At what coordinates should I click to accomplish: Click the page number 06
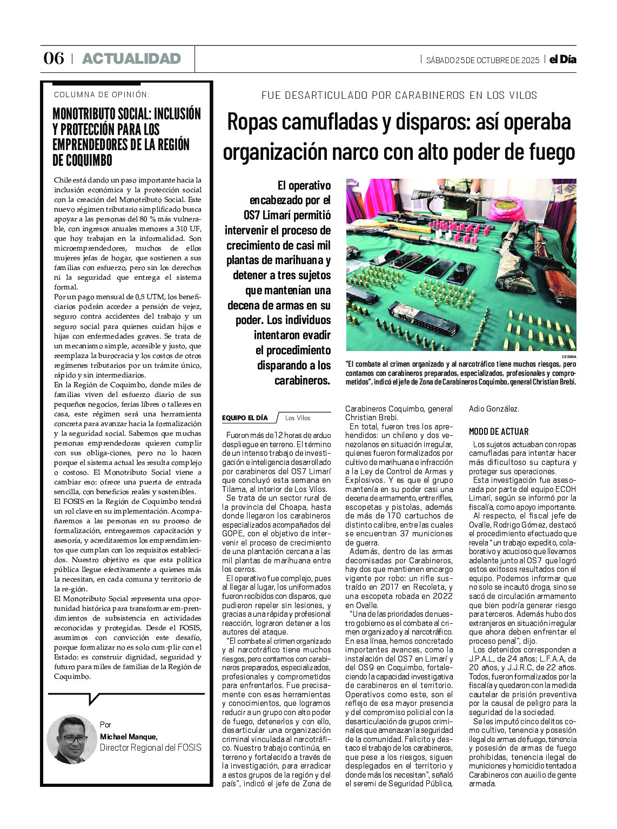click(53, 58)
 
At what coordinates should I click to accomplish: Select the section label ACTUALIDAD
click(131, 58)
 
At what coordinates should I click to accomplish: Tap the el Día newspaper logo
click(563, 59)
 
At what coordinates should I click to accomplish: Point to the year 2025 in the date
click(530, 60)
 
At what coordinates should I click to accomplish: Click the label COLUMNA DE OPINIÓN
click(102, 95)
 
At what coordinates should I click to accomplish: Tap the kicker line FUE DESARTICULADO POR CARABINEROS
click(399, 96)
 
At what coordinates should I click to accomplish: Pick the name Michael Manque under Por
click(129, 737)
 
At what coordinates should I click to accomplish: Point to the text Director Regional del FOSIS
click(150, 747)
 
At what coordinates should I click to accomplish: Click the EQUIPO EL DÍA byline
click(245, 417)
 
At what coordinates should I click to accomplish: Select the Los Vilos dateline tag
click(298, 417)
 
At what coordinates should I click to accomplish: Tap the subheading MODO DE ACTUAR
click(499, 432)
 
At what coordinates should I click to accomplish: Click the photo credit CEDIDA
click(569, 357)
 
